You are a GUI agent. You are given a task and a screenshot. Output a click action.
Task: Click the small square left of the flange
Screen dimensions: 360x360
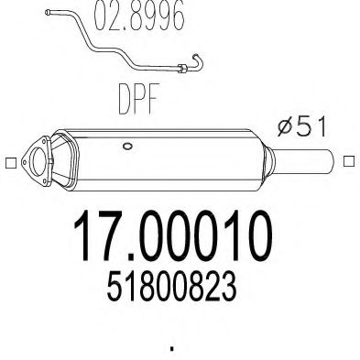pyautogui.click(x=9, y=164)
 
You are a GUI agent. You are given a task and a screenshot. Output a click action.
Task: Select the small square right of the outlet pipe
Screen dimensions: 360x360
pyautogui.click(x=349, y=163)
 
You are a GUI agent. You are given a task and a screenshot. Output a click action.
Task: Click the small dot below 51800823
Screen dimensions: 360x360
pyautogui.click(x=173, y=349)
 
